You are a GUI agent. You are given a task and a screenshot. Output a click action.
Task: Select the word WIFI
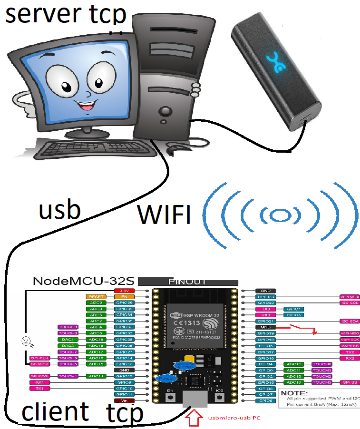pyautogui.click(x=164, y=214)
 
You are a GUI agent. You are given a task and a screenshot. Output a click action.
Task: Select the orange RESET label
pyautogui.click(x=97, y=296)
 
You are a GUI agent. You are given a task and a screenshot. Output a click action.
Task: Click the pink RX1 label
pyautogui.click(x=39, y=382)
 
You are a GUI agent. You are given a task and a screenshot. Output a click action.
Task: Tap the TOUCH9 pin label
pyautogui.click(x=68, y=327)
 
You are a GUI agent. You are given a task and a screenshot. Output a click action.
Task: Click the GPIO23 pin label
pyautogui.click(x=265, y=296)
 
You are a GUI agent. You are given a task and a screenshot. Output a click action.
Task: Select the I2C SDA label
pyautogui.click(x=349, y=321)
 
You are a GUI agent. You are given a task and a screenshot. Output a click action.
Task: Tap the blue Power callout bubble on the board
pyautogui.click(x=167, y=379)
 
